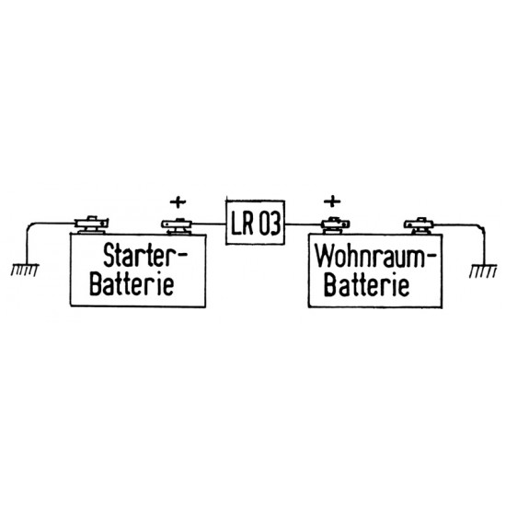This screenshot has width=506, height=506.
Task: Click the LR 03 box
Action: [255, 222]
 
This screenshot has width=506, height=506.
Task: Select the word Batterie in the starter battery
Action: [135, 283]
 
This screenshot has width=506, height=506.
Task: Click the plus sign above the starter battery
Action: [178, 199]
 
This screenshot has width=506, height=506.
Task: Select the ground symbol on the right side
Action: [482, 269]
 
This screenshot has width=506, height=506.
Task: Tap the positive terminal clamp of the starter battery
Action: [178, 223]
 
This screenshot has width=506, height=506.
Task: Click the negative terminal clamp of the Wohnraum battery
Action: [420, 222]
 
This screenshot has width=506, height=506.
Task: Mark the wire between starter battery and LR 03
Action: [210, 222]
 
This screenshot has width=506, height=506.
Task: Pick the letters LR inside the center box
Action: [243, 223]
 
